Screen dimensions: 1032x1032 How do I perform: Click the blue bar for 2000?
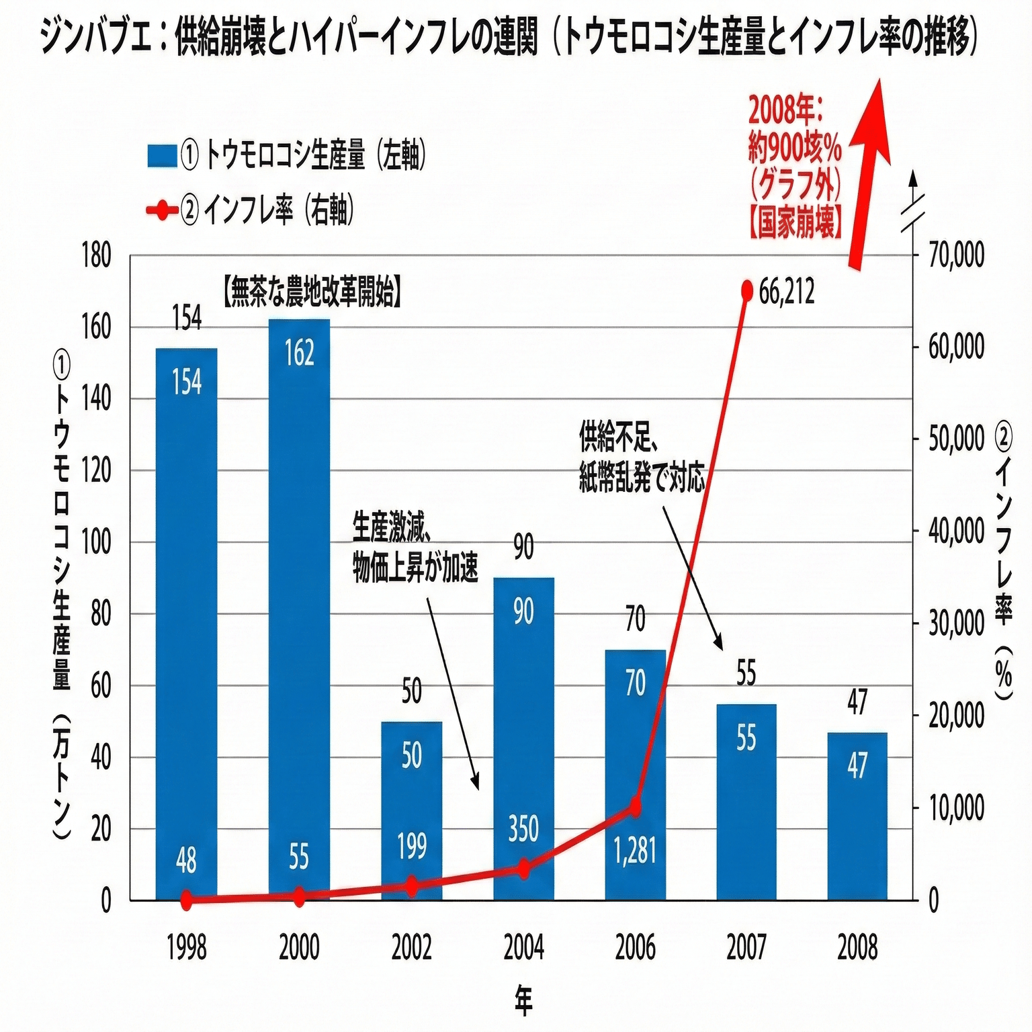pos(299,605)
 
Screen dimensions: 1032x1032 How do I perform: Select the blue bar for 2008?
pos(857,816)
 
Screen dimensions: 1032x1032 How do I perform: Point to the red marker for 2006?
pos(634,807)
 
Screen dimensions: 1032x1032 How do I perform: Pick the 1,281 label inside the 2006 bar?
pos(635,851)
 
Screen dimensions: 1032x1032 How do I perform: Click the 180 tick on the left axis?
pos(97,256)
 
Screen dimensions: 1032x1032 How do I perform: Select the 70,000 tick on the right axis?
pos(956,256)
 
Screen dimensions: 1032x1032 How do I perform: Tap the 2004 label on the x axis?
pos(523,948)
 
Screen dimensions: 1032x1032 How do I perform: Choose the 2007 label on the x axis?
pos(746,948)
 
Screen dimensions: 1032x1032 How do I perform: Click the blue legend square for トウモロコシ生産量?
pos(162,155)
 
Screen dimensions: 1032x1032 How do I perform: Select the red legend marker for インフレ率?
pos(162,211)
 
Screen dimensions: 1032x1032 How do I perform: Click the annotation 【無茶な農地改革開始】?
pos(312,293)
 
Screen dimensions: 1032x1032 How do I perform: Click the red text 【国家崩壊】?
pos(794,223)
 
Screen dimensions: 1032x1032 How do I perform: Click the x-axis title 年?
pos(523,1000)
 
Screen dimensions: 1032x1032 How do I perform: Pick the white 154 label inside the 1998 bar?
pos(187,382)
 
